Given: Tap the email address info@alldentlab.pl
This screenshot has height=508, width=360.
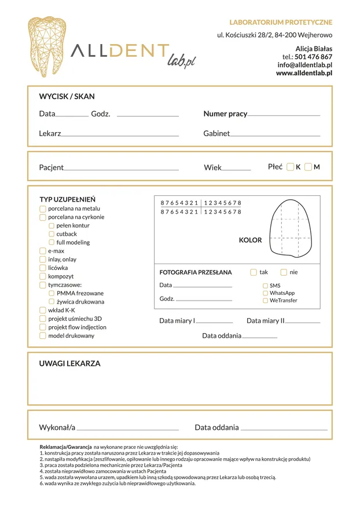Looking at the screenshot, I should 304,65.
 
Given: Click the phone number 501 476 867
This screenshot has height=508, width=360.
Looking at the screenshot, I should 313,57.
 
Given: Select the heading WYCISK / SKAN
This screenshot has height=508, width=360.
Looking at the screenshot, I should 67,97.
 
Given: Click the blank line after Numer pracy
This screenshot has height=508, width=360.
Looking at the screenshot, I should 284,115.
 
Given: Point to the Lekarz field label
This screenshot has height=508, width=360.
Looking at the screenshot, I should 50,133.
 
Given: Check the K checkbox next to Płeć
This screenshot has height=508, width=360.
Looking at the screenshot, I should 290,167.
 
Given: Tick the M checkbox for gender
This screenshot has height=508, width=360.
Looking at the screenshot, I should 308,167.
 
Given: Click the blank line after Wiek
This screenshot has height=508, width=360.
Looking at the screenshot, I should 236,169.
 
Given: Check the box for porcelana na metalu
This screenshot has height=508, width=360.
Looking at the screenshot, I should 43,209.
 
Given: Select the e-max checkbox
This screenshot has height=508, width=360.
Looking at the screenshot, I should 43,251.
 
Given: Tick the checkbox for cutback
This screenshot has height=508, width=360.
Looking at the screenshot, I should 52,234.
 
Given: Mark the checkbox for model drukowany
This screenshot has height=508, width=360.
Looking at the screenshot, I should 43,335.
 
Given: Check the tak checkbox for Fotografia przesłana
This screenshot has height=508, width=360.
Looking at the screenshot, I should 254,272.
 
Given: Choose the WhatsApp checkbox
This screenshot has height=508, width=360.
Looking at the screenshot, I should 266,293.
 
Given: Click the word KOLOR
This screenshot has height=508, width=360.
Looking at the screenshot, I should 250,240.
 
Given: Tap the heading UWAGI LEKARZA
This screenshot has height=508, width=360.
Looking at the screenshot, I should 69,364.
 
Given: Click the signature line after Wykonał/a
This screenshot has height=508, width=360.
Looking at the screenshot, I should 127,429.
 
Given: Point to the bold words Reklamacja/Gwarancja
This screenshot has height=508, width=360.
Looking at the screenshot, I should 65,447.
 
